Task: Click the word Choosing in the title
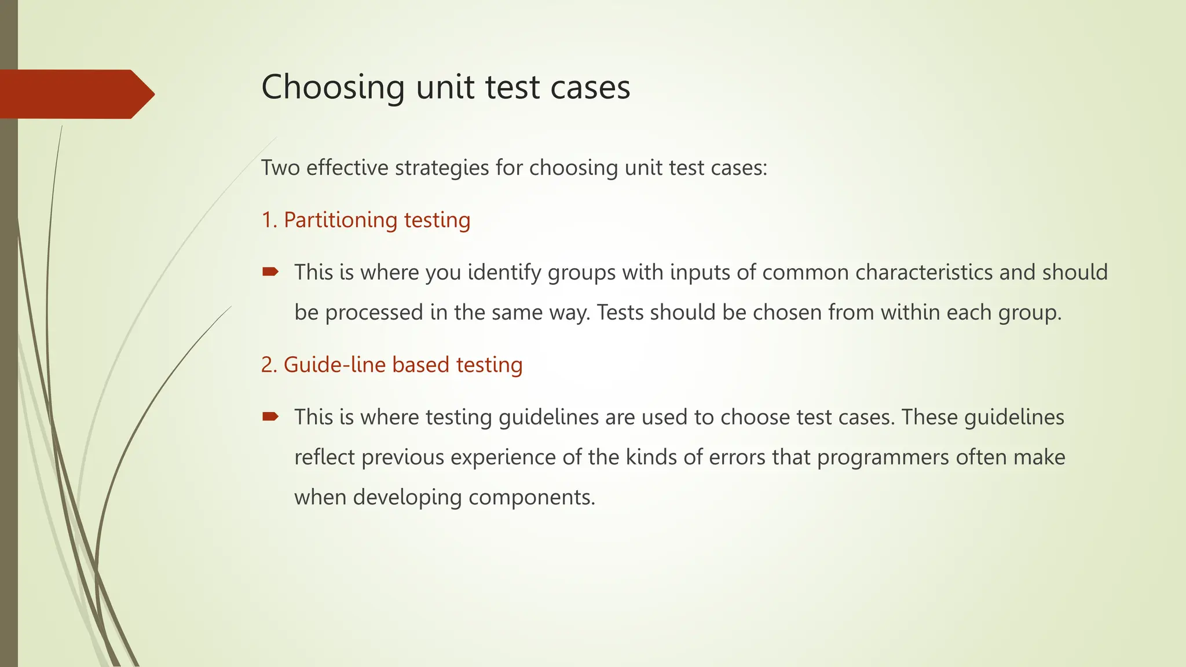click(332, 87)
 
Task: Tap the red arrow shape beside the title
click(75, 94)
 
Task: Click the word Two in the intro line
click(280, 168)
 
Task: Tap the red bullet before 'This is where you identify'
click(270, 271)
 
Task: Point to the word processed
click(374, 313)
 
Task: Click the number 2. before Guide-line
click(269, 365)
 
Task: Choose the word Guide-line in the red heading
click(334, 365)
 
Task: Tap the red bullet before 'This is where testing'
click(270, 416)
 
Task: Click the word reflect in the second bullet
click(324, 457)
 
